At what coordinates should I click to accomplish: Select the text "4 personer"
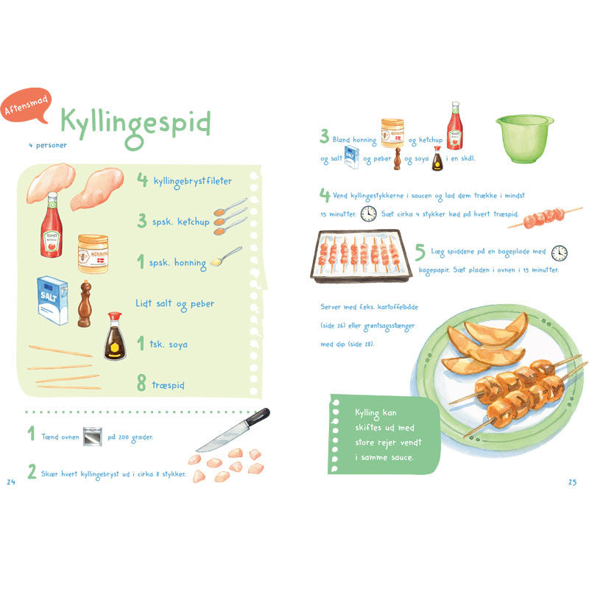pyautogui.click(x=48, y=145)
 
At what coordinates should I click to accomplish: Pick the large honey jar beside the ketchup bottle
pyautogui.click(x=94, y=253)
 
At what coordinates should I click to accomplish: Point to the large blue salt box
pyautogui.click(x=52, y=300)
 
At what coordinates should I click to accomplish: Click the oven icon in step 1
pyautogui.click(x=93, y=437)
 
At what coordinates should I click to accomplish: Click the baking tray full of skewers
pyautogui.click(x=361, y=255)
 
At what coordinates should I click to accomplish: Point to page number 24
pyautogui.click(x=11, y=482)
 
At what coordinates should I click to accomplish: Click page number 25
pyautogui.click(x=572, y=482)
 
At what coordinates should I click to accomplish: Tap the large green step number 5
pyautogui.click(x=420, y=252)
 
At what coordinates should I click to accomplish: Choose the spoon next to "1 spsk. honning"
pyautogui.click(x=226, y=256)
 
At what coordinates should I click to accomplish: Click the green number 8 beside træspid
pyautogui.click(x=141, y=383)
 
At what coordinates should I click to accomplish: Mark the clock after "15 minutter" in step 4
pyautogui.click(x=369, y=214)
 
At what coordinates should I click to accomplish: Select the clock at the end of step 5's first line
pyautogui.click(x=560, y=253)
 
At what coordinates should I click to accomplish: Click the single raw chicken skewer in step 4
pyautogui.click(x=545, y=217)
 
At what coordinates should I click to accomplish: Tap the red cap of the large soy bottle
pyautogui.click(x=115, y=316)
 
